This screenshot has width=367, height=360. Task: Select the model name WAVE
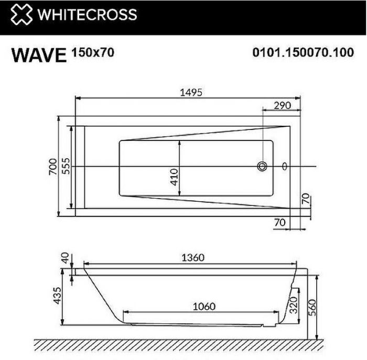[x=39, y=55]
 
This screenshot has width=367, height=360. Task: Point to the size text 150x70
[x=92, y=52]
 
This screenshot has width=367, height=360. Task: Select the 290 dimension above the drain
[x=282, y=105]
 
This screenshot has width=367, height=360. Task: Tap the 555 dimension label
[x=65, y=166]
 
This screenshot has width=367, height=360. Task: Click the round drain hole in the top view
[x=262, y=167]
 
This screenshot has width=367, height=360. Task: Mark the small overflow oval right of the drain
[x=284, y=167]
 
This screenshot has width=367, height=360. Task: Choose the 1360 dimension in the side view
[x=192, y=257]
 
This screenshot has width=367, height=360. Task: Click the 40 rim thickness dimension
[x=65, y=258]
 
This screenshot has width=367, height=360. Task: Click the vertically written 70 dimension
[x=306, y=201]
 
